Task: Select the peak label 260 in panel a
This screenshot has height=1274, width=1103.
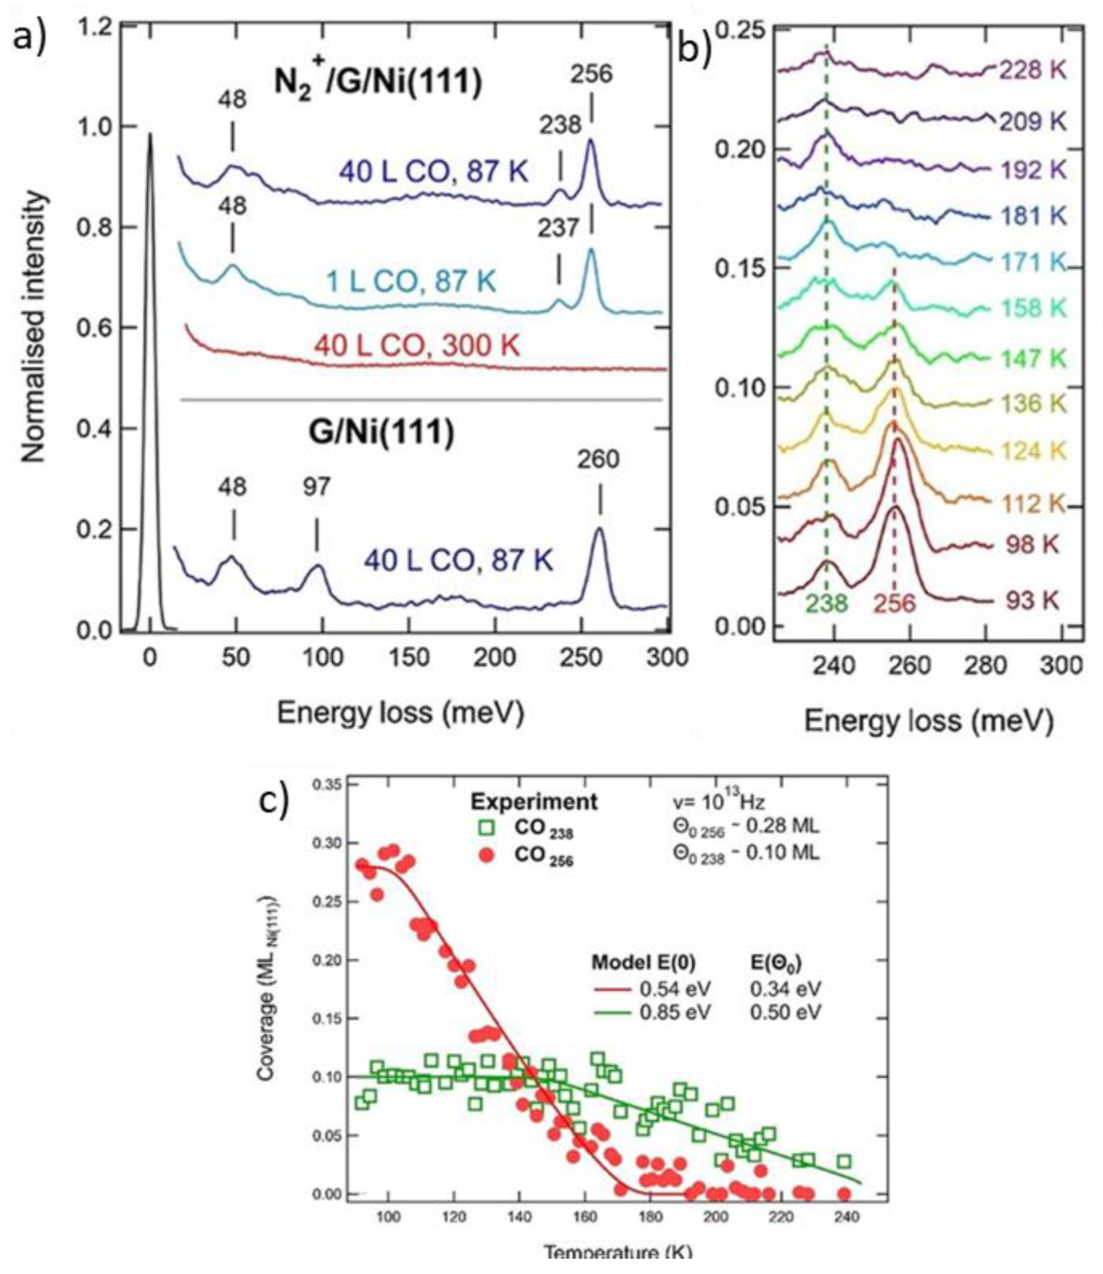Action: (598, 459)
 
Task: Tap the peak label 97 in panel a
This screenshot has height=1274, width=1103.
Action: (316, 487)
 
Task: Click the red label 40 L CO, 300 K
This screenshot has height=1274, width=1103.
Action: (417, 345)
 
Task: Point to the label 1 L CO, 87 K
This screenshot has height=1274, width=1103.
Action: (410, 283)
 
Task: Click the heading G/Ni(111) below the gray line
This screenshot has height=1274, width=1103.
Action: (381, 432)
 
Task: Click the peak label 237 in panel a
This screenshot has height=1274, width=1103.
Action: (558, 228)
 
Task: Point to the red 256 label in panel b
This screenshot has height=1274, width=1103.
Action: (894, 604)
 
